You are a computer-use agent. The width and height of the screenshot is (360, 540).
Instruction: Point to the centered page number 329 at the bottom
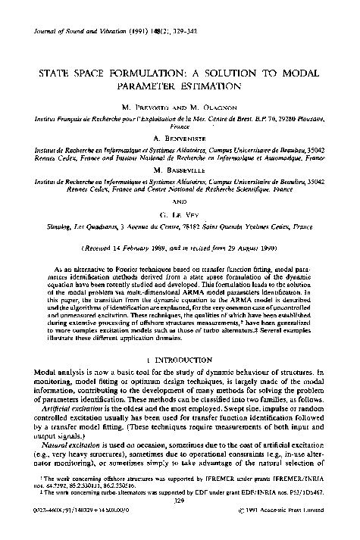[x=180, y=522]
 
